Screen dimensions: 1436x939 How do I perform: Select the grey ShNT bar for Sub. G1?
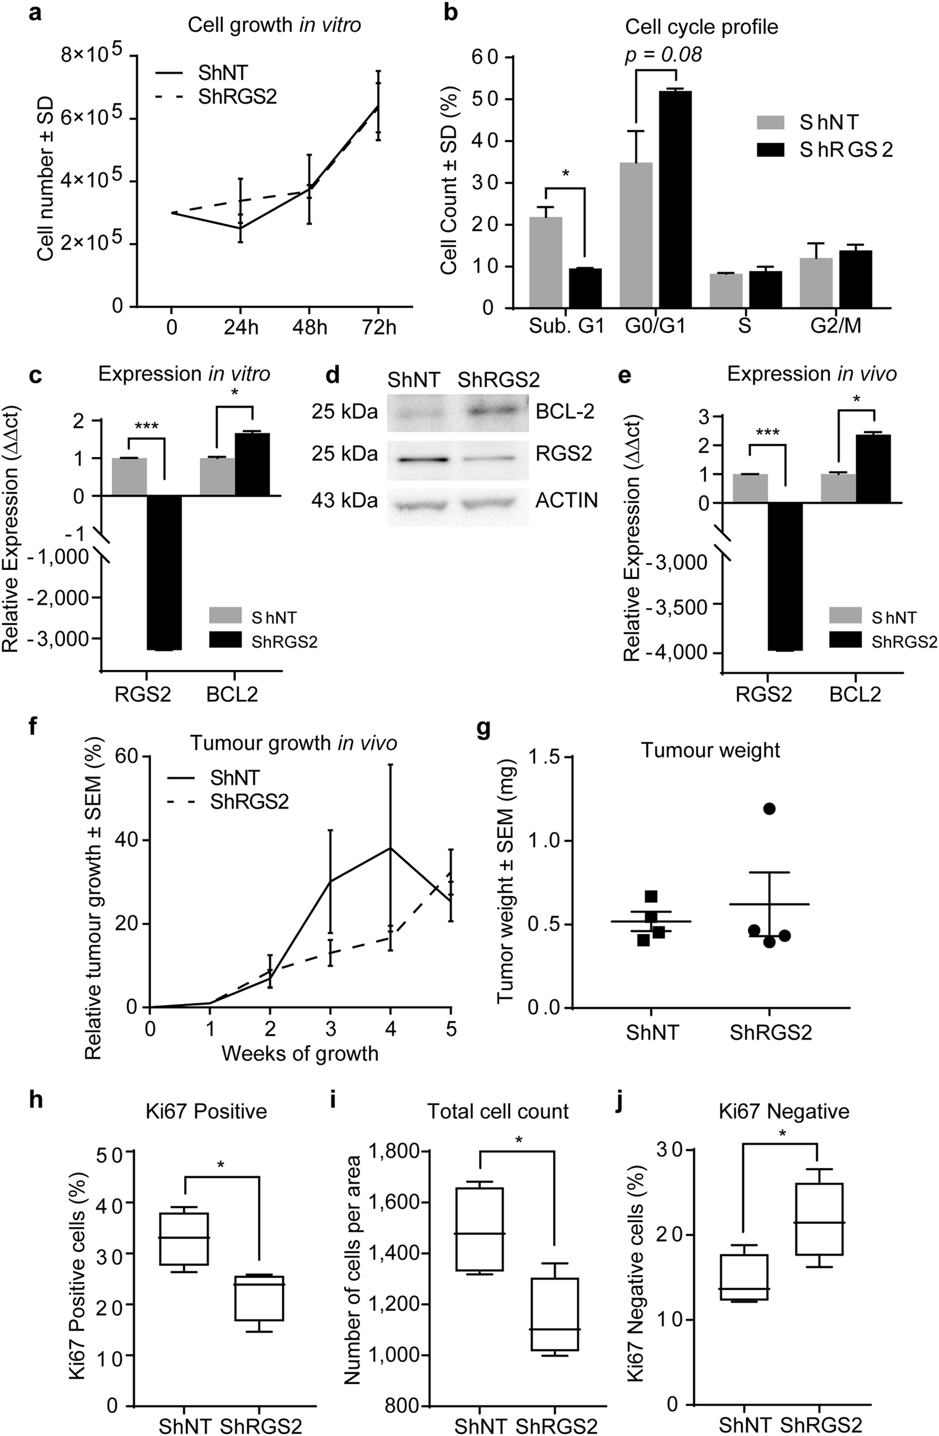(x=545, y=262)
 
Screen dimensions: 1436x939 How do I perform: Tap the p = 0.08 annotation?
(x=663, y=55)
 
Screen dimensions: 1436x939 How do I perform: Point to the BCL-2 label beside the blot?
(x=564, y=412)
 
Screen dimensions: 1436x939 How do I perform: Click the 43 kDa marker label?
(x=345, y=501)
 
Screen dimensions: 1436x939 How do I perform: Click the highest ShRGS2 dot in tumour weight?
(x=769, y=809)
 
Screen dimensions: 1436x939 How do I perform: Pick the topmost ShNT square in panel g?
(x=651, y=897)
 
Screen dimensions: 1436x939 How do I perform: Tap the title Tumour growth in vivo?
(x=293, y=743)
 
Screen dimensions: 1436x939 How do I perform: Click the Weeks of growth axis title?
(x=300, y=1053)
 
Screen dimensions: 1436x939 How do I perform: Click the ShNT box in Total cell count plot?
(x=480, y=1228)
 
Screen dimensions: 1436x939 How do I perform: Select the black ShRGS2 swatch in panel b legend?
(x=774, y=149)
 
